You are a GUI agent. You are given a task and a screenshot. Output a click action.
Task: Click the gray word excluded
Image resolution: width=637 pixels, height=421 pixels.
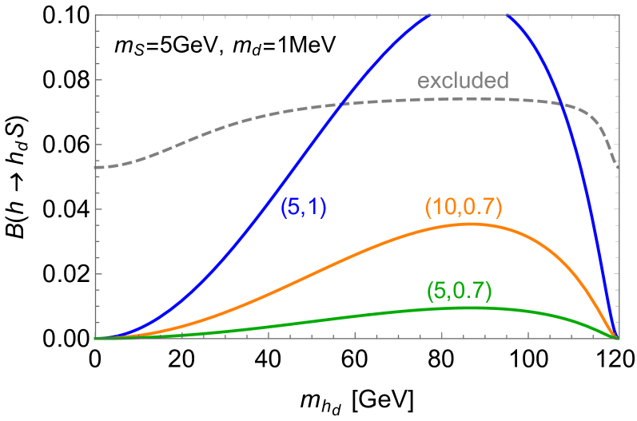click(463, 81)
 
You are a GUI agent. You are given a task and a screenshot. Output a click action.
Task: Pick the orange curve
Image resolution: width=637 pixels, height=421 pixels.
click(320, 268)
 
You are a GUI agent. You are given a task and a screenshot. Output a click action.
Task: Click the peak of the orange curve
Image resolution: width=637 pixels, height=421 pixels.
click(472, 224)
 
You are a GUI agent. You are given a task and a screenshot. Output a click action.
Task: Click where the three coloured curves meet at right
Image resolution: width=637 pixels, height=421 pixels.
click(618, 338)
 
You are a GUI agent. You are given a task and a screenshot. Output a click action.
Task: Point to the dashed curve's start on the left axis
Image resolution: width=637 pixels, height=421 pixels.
click(96, 167)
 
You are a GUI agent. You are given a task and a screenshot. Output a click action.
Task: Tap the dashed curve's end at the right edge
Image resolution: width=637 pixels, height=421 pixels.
click(619, 168)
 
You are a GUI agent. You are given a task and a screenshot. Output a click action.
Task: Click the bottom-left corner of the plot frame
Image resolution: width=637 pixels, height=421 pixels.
click(95, 339)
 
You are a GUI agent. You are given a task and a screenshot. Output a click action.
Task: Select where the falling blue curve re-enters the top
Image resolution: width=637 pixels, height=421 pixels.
click(506, 15)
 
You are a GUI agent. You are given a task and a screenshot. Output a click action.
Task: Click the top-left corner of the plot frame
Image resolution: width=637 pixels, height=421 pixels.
click(95, 15)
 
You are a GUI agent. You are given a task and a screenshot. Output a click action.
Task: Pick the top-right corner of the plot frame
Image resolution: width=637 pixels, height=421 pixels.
click(619, 15)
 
